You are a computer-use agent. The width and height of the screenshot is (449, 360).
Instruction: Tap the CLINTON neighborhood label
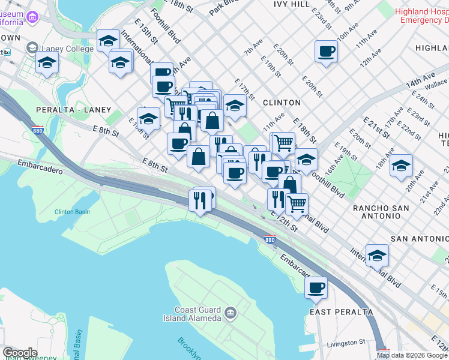pos(282,103)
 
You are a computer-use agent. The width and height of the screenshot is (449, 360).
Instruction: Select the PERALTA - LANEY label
pos(73,110)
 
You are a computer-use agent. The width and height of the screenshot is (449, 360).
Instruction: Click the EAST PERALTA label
pos(341,312)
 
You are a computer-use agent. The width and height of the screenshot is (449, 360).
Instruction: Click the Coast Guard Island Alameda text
pos(197,314)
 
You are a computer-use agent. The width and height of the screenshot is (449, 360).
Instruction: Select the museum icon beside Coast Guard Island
pos(230,313)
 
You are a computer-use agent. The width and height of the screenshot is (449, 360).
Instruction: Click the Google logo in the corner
pos(19,353)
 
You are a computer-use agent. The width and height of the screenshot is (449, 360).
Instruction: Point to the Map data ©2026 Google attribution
pos(412,355)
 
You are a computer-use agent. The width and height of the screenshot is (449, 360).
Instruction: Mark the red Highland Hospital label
pos(422,15)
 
